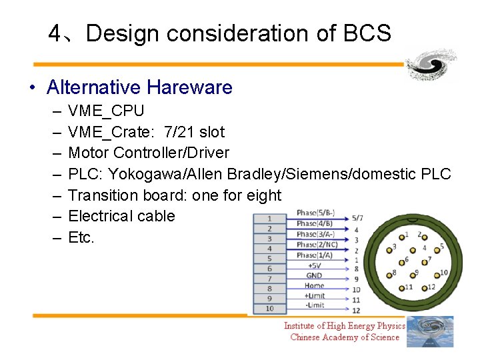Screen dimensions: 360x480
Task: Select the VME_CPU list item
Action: coord(106,111)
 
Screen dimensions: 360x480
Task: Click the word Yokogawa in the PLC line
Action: coord(146,174)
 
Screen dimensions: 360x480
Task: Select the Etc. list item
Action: coord(81,237)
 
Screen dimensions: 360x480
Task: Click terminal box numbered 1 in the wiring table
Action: coord(269,219)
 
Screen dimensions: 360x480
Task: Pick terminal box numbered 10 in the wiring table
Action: coord(269,309)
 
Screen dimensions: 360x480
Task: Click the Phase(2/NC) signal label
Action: coord(317,245)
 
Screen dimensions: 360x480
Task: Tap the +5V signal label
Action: coord(314,265)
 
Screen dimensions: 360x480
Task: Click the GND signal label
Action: coord(314,275)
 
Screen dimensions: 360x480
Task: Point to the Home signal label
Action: coord(314,286)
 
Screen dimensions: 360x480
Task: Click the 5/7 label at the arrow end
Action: coord(357,218)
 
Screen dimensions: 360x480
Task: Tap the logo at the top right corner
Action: coord(431,65)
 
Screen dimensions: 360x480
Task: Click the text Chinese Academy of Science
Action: coord(345,337)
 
